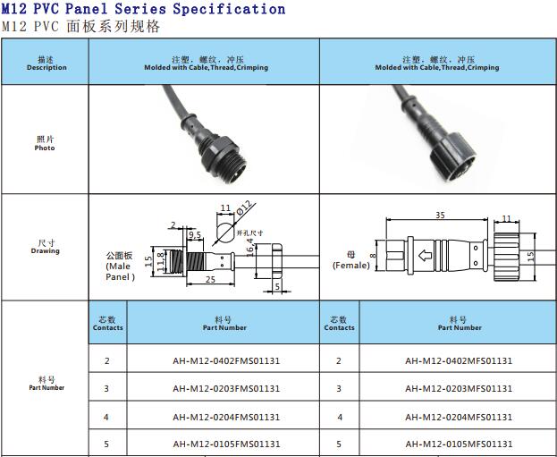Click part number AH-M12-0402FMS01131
point(226,361)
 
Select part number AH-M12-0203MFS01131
point(459,389)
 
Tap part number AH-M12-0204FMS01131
point(226,417)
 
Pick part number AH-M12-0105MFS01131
point(459,444)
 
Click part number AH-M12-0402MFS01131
point(459,361)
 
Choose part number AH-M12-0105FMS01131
point(226,444)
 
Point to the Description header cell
point(46,63)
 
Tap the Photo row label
point(45,144)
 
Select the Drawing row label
point(45,247)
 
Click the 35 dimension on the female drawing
point(440,216)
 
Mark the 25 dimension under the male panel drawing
point(211,280)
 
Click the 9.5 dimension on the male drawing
point(195,234)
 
